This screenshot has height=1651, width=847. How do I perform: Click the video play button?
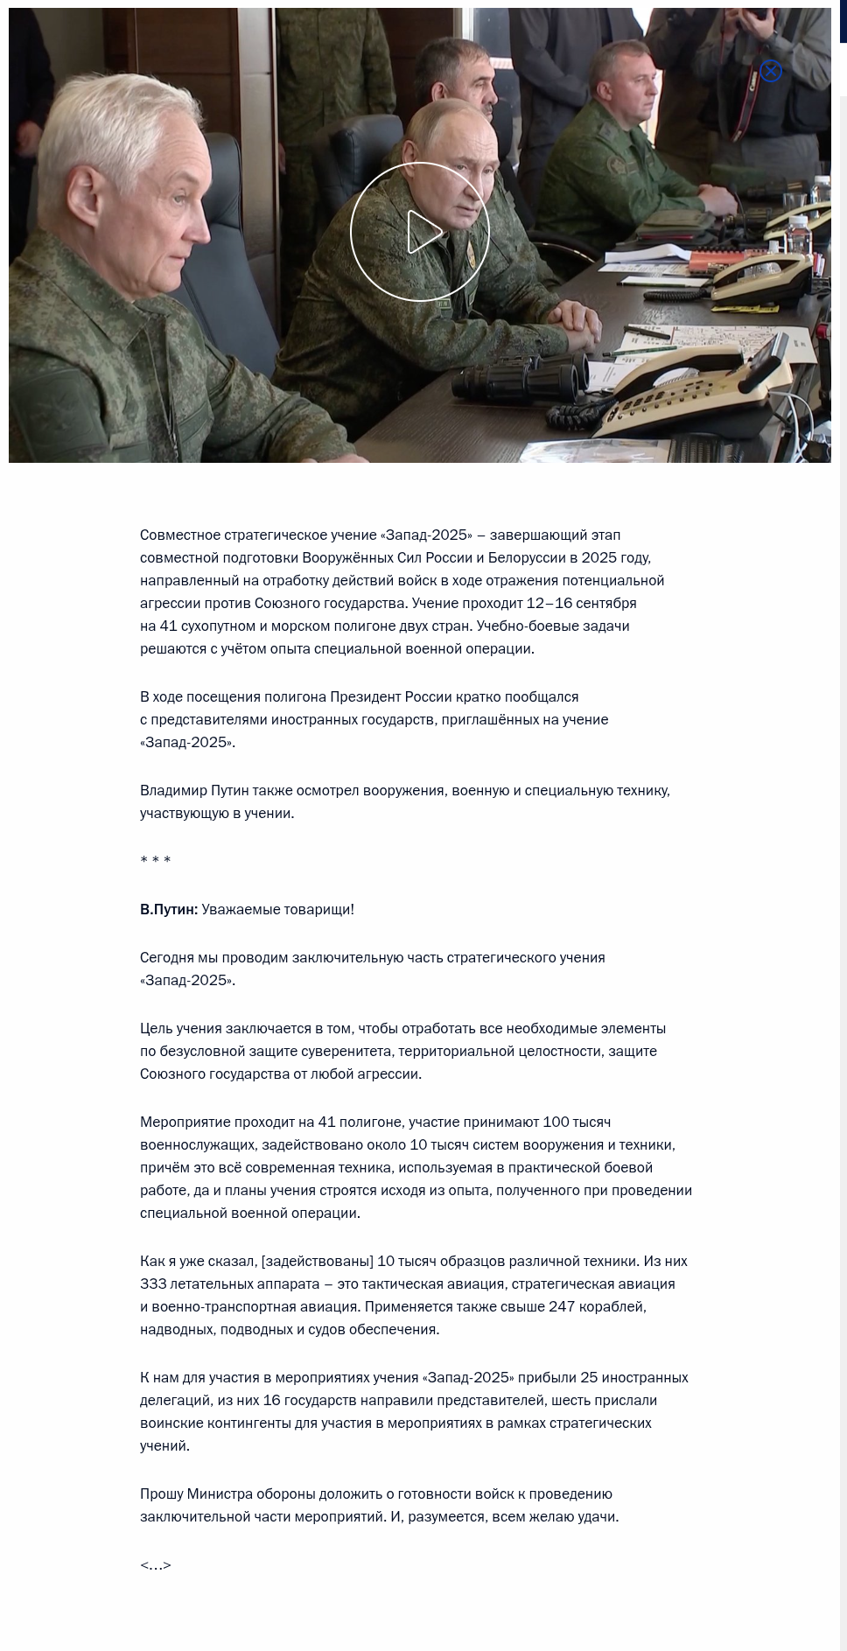(x=420, y=232)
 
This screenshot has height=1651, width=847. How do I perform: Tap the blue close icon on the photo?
(x=771, y=71)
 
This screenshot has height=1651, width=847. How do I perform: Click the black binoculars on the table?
(x=520, y=380)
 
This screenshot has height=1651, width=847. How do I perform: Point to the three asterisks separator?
(x=156, y=861)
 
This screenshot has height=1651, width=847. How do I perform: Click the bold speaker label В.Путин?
(x=169, y=910)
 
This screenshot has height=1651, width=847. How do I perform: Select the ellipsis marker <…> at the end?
(x=156, y=1565)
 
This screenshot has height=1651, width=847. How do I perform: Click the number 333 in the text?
(x=153, y=1284)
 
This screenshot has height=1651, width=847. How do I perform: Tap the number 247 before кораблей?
(x=563, y=1307)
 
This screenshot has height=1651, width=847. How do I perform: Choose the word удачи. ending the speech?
(x=598, y=1517)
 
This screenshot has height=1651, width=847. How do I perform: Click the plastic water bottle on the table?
(x=798, y=234)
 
